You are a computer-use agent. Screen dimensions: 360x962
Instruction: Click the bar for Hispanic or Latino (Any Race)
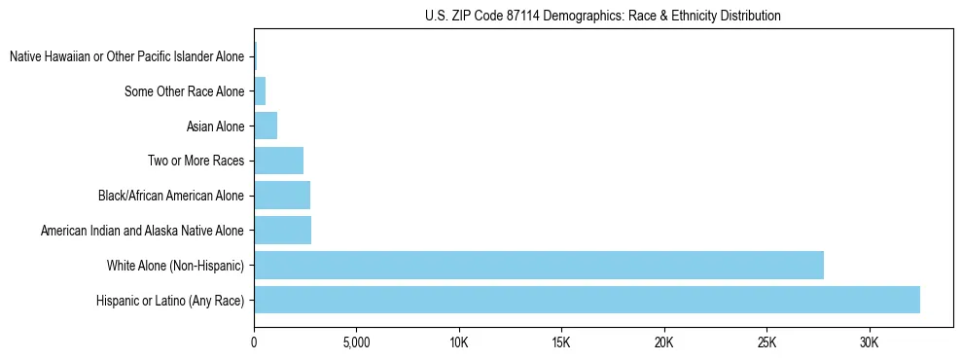587,300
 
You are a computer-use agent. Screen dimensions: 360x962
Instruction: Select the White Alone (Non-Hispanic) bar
539,265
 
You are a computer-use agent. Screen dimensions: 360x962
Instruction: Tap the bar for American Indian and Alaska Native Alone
282,231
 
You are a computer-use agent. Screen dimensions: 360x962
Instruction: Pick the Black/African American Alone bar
282,196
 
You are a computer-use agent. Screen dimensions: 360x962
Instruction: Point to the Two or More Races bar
278,161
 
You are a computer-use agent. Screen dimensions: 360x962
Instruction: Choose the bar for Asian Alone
266,126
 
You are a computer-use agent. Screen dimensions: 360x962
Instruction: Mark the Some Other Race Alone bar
260,91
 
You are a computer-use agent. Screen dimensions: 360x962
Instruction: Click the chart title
603,16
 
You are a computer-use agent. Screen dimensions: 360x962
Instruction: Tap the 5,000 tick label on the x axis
356,342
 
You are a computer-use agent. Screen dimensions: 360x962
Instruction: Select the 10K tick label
459,342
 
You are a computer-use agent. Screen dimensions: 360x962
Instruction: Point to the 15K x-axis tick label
561,342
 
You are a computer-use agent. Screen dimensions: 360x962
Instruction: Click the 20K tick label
664,342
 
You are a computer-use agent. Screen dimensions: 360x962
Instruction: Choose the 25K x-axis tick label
766,342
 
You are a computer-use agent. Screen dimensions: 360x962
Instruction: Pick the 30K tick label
870,342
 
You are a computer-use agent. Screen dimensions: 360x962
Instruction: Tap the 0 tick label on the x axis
254,342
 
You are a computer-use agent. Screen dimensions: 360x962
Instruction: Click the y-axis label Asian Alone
215,126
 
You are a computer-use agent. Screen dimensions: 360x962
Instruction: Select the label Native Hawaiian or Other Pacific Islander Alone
127,56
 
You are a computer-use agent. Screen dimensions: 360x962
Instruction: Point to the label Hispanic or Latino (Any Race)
170,301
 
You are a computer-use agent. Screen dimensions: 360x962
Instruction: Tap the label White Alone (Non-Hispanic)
176,266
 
